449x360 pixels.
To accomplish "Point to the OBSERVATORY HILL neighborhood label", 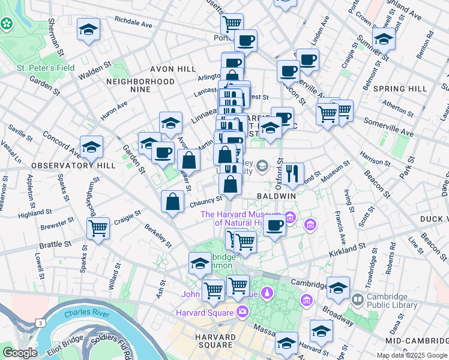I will click(x=65, y=165).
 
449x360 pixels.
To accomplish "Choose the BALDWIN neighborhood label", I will click(x=276, y=196).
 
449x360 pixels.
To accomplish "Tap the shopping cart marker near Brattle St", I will click(x=98, y=228).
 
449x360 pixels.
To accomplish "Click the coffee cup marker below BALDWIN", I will click(x=274, y=226).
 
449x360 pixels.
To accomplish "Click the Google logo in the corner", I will click(x=20, y=353).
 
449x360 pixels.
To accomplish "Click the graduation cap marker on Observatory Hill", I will click(x=91, y=146).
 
